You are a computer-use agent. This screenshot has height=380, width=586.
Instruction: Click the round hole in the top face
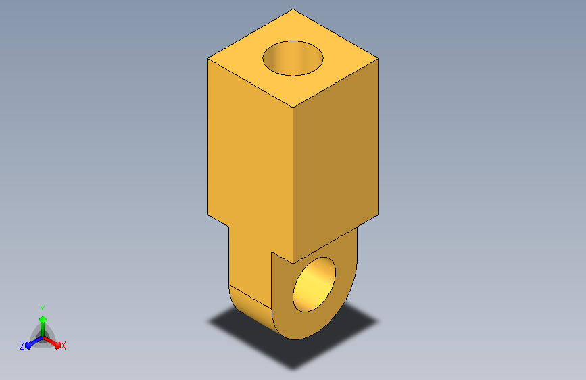point(293,58)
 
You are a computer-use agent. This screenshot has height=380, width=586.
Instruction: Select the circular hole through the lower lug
point(314,285)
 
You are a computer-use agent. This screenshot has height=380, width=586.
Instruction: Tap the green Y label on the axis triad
point(43,309)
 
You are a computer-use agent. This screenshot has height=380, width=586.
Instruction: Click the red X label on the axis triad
point(63,346)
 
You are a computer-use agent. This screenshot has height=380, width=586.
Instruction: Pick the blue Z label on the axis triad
point(22,346)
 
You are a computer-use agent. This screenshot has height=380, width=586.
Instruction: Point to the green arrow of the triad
point(43,327)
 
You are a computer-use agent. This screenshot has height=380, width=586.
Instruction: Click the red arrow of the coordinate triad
point(52,342)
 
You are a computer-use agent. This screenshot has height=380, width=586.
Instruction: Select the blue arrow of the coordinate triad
point(34,342)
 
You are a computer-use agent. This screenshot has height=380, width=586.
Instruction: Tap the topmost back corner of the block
point(293,9)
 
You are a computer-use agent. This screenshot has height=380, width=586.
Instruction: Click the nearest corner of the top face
point(293,108)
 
